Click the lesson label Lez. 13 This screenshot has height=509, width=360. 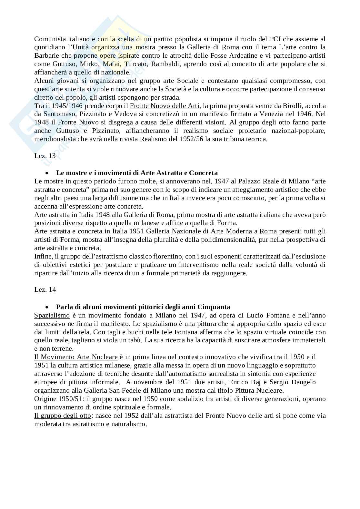[x=45, y=156]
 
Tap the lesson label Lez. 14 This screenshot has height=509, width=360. [x=45, y=289]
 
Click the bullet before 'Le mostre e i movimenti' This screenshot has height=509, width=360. [x=47, y=173]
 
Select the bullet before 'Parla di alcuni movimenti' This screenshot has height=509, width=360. [x=47, y=307]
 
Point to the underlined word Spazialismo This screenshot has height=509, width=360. [x=52, y=315]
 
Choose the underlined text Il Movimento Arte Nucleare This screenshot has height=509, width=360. [x=76, y=357]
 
